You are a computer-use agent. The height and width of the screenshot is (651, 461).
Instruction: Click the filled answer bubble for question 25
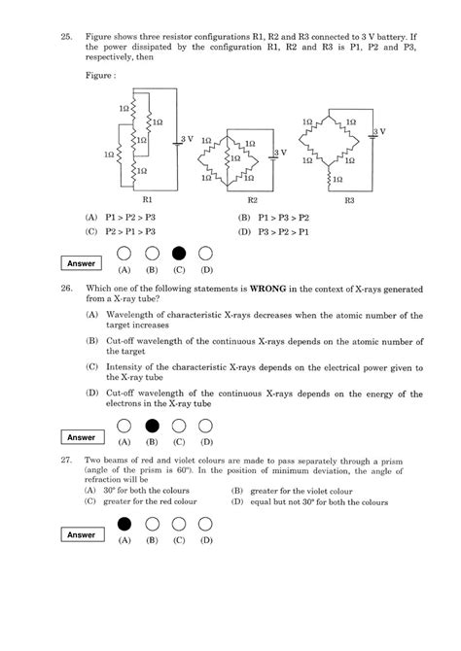178,254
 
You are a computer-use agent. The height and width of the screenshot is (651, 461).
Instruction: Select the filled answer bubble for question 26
152,426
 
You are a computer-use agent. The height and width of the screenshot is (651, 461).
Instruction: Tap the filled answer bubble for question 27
124,526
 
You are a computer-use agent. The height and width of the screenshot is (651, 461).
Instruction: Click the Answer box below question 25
82,263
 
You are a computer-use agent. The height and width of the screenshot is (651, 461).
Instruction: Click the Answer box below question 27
82,535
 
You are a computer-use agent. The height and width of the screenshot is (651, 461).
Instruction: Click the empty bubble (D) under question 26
205,426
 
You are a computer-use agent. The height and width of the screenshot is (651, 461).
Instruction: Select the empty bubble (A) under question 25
124,254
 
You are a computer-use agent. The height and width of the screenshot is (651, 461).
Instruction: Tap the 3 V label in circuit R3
379,130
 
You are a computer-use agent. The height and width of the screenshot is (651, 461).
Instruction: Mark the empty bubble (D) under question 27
205,526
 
